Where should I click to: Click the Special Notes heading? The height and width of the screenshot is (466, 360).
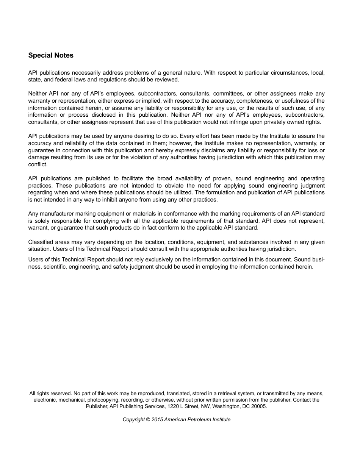coord(51,55)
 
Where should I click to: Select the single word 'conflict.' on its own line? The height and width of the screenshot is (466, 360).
coord(38,164)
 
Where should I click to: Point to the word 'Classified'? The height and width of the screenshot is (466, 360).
coord(41,242)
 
